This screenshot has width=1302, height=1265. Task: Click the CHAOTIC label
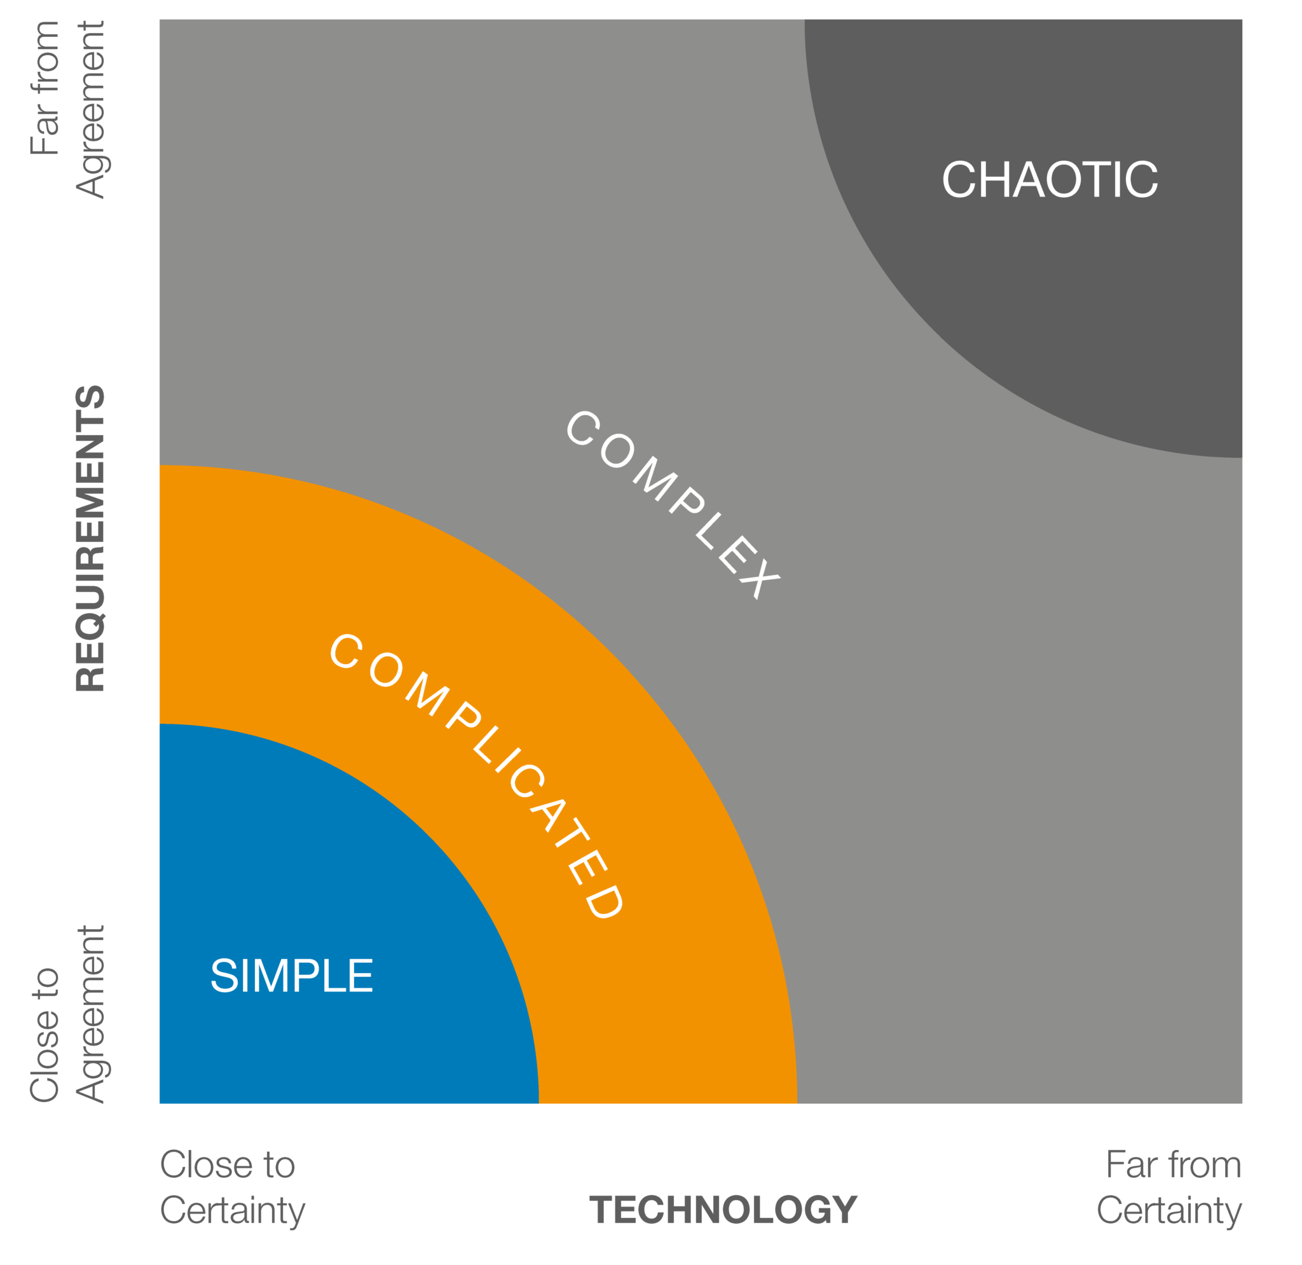pyautogui.click(x=1050, y=179)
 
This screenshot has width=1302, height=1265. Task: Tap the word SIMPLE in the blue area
pyautogui.click(x=292, y=976)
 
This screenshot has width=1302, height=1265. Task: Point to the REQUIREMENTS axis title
pyautogui.click(x=90, y=539)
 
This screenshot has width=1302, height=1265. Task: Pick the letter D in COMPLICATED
pyautogui.click(x=604, y=902)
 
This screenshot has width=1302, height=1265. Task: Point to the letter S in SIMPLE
pyautogui.click(x=224, y=976)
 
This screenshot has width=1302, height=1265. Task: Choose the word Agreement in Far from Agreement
pyautogui.click(x=90, y=109)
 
